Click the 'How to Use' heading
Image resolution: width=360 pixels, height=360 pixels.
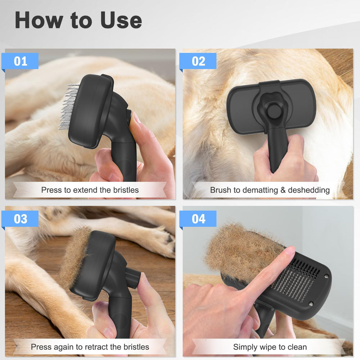click(78, 21)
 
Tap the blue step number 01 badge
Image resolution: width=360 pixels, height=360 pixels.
click(21, 61)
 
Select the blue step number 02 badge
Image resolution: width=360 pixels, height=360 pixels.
click(198, 61)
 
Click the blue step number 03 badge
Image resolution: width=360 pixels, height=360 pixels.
click(21, 219)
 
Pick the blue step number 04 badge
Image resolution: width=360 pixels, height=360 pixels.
click(198, 219)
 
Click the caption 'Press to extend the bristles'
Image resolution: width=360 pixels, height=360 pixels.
click(90, 190)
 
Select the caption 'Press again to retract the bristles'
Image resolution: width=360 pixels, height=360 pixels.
click(90, 347)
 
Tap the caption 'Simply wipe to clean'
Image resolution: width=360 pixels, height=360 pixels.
click(270, 347)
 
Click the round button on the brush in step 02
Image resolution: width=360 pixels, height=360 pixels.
click(272, 112)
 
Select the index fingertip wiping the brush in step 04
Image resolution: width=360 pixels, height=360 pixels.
click(288, 252)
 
